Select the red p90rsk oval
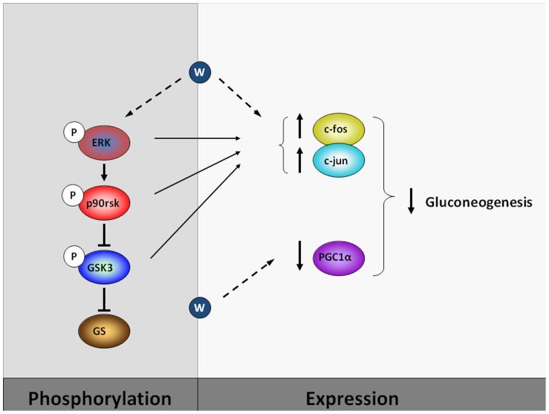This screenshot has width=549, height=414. pos(105,201)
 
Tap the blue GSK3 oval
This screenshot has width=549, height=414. pos(105,265)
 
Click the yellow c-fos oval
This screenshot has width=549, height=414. pos(339,129)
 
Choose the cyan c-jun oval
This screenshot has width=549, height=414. pos(339,159)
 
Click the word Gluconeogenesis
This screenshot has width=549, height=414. pos(478,201)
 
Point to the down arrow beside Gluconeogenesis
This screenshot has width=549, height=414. pos(411,202)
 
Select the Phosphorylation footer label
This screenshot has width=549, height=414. pos(100,398)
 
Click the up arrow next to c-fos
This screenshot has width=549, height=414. pos(299,127)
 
